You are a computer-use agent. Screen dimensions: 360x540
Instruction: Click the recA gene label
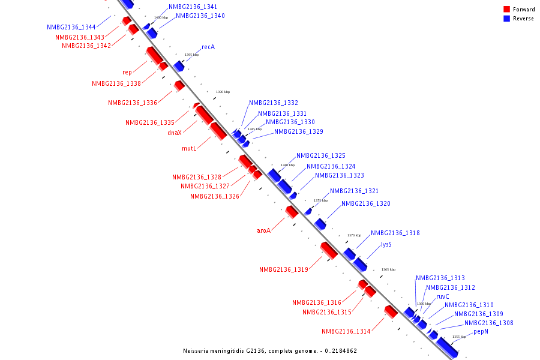tap(208, 47)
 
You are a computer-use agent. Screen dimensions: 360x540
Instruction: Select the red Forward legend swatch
tap(506, 10)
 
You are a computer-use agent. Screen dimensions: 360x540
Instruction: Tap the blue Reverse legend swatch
tap(506, 19)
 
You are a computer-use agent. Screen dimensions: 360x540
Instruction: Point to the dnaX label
tap(175, 133)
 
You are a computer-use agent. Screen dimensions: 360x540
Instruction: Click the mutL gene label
tap(189, 148)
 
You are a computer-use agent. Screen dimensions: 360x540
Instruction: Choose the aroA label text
tap(264, 230)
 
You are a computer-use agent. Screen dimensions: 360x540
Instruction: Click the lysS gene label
tap(386, 245)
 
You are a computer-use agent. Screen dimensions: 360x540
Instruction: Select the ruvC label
tap(443, 296)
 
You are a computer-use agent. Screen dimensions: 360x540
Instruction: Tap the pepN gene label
tap(481, 331)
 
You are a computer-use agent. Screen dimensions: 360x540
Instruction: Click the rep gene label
tap(127, 73)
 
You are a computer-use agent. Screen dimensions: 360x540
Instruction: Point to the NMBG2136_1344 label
tap(71, 28)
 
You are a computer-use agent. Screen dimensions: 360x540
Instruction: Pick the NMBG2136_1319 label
tap(284, 270)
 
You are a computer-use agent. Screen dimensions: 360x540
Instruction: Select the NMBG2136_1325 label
tap(321, 156)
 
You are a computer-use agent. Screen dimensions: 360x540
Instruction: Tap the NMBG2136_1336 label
tap(133, 103)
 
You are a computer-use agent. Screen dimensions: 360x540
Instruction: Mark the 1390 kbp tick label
tap(222, 92)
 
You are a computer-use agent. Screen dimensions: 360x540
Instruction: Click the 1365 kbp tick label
tap(388, 269)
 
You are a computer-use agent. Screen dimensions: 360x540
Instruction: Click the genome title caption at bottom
tap(270, 351)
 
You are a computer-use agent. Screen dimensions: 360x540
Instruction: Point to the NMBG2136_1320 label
tap(366, 204)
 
